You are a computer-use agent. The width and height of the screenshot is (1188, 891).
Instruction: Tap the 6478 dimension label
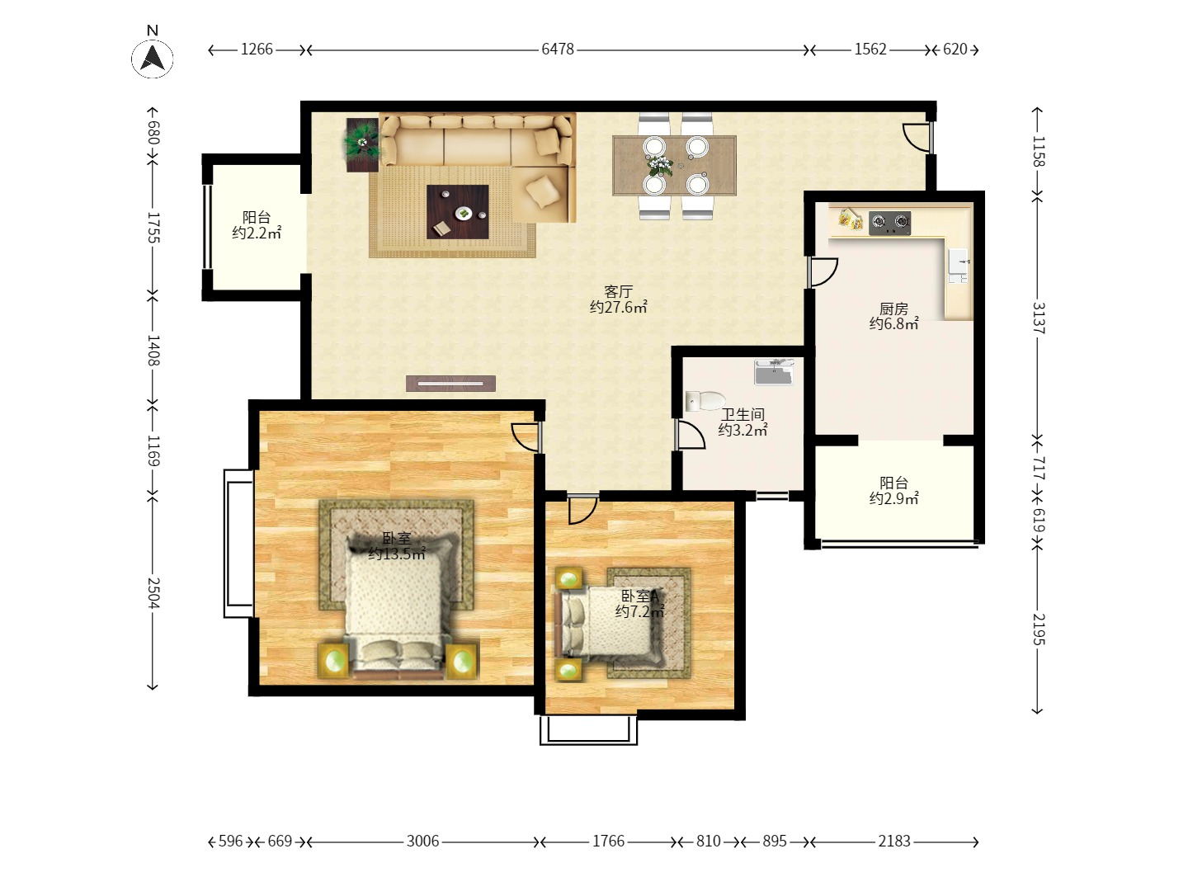[558, 49]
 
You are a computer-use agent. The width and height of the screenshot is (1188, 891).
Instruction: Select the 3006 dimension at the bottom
[422, 841]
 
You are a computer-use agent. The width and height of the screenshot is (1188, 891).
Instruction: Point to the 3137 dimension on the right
[1039, 318]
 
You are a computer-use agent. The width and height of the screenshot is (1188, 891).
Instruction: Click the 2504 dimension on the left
[153, 593]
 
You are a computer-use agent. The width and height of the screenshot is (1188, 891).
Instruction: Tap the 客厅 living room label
[618, 292]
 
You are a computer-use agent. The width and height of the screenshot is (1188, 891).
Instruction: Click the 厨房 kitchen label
[893, 309]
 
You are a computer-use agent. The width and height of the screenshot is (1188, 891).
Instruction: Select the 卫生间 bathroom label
[742, 415]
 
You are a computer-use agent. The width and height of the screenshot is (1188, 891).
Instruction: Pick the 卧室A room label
[639, 596]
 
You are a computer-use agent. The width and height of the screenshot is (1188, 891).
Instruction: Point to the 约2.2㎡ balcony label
[257, 233]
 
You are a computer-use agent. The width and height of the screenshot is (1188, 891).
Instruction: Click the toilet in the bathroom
[705, 401]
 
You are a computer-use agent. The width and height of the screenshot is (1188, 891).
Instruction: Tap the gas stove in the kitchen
[890, 223]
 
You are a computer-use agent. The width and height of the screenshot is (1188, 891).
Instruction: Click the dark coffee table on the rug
[457, 211]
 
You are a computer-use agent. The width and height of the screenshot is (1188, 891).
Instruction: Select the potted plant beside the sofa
[362, 144]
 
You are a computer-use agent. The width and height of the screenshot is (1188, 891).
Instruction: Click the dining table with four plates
[674, 166]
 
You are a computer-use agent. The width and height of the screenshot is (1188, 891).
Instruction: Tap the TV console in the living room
[450, 384]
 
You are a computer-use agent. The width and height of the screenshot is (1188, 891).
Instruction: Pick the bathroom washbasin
[774, 371]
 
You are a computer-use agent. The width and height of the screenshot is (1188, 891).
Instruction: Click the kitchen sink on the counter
[958, 266]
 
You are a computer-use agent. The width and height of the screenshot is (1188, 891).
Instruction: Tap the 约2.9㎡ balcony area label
[893, 498]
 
